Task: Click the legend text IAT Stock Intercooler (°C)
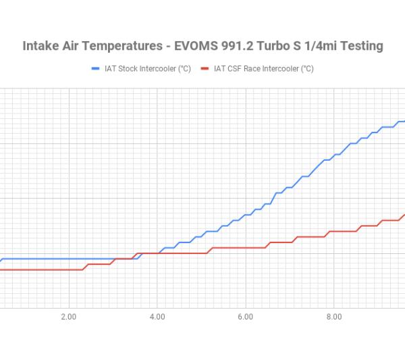point(145,68)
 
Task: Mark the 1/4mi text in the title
point(310,46)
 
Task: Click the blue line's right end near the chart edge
point(402,122)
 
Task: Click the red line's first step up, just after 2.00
point(86,266)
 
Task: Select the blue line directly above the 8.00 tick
point(333,156)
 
